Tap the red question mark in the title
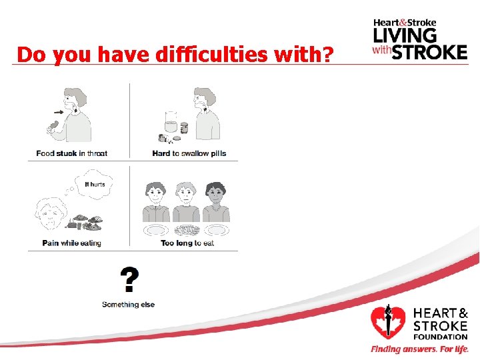(327, 55)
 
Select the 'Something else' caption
(128, 305)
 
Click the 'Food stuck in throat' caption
(72, 153)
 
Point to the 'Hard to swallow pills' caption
(189, 153)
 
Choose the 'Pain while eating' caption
(72, 243)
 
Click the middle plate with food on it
(186, 229)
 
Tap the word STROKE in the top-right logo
(429, 51)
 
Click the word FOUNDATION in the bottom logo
(441, 337)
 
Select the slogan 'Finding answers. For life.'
(419, 349)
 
